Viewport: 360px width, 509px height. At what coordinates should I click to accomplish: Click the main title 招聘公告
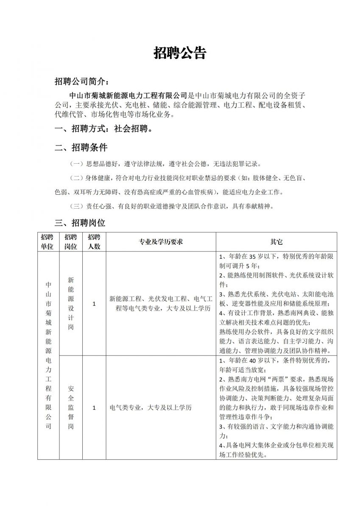tap(180, 53)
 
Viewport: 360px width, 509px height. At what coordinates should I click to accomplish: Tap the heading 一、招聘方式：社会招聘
tap(104, 129)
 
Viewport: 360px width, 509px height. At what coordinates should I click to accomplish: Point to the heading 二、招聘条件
tap(81, 148)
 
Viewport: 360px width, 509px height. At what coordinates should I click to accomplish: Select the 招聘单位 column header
tap(47, 241)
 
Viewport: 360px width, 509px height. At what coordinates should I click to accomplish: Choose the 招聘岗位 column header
tap(71, 241)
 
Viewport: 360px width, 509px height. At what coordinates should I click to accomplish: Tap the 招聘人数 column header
tap(94, 241)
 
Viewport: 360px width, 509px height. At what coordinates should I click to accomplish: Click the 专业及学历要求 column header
tap(161, 242)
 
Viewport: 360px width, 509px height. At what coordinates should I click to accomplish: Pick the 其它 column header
tap(276, 242)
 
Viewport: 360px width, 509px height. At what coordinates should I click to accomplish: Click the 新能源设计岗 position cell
tap(71, 304)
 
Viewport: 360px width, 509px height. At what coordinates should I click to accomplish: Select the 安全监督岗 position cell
tap(71, 407)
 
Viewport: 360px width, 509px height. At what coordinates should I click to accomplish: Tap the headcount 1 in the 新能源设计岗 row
tap(94, 304)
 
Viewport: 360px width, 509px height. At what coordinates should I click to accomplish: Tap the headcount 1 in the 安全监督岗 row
tap(94, 408)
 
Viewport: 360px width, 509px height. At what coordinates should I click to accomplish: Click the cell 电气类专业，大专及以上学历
tap(151, 408)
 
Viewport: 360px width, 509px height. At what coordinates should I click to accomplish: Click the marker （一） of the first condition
tap(77, 164)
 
